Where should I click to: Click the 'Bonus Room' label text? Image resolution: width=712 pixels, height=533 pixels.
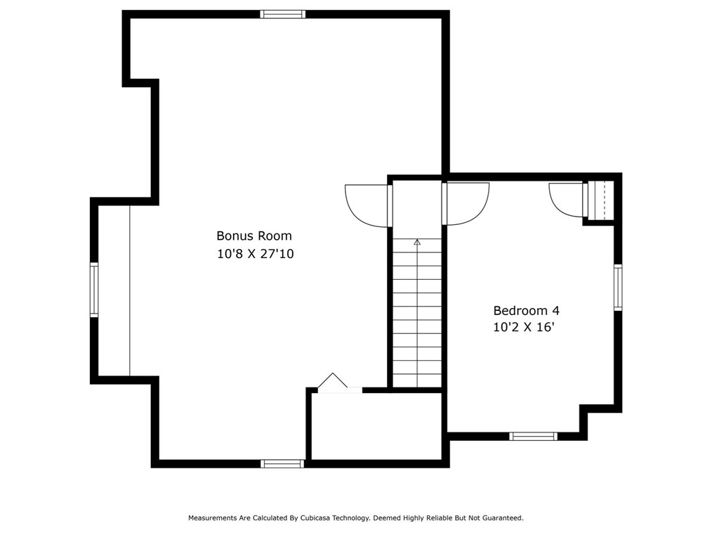[x=253, y=236]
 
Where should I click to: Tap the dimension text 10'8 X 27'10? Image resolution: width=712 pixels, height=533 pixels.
[x=255, y=254]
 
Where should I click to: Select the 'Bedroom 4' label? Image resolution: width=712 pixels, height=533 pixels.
[x=526, y=310]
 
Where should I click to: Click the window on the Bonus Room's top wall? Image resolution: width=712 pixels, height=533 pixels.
[x=282, y=14]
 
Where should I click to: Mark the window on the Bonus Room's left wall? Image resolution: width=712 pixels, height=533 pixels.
[x=94, y=290]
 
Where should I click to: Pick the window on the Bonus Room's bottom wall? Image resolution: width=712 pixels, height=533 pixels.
[x=282, y=463]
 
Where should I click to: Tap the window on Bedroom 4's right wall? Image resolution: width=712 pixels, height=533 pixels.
[x=618, y=287]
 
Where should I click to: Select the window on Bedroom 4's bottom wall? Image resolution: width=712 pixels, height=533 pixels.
[x=533, y=436]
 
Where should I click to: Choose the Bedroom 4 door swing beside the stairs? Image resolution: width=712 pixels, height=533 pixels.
[x=466, y=203]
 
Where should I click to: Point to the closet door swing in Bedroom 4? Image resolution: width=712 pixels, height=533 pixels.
[x=567, y=200]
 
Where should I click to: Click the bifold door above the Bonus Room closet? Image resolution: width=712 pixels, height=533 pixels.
[x=333, y=382]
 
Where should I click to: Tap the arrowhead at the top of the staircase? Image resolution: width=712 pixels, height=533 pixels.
[x=417, y=242]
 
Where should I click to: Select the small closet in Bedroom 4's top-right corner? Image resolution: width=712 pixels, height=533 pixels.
[x=601, y=200]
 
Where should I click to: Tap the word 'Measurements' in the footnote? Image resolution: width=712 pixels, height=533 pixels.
[x=213, y=518]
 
